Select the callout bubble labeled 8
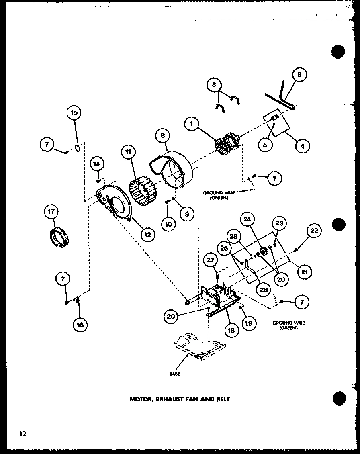pos(162,136)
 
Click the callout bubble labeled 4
pos(301,147)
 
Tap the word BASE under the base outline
pos(175,374)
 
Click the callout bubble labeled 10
pos(169,224)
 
